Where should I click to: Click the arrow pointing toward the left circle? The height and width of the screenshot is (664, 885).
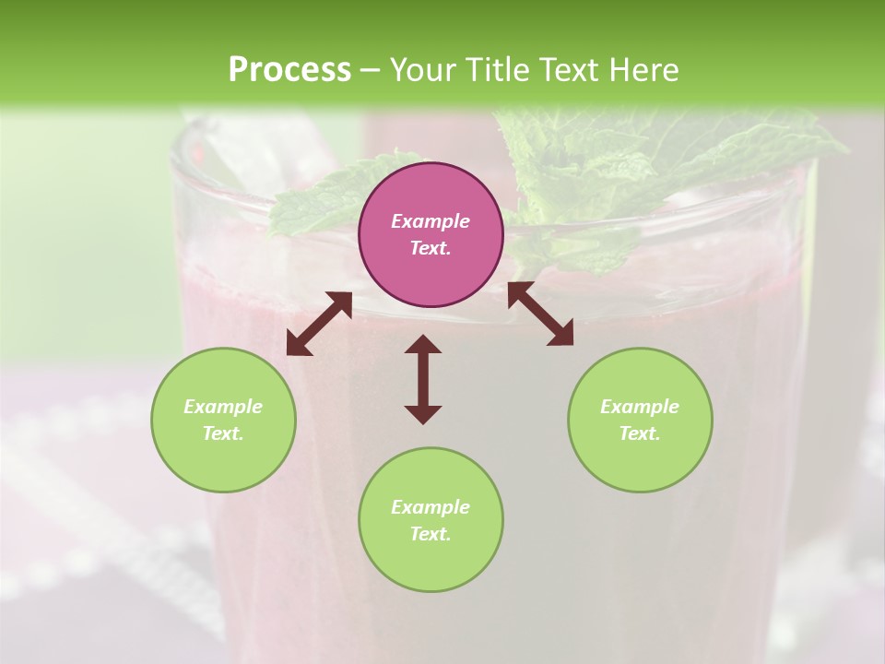319,324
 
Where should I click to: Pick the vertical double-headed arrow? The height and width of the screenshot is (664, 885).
423,379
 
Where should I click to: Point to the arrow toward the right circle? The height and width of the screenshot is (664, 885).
541,314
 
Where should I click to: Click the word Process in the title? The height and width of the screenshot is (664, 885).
289,69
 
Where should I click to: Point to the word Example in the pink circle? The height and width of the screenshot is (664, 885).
431,221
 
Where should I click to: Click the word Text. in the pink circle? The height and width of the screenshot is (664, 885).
431,248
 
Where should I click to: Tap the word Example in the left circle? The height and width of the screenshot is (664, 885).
223,407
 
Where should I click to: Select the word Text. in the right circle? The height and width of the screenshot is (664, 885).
640,433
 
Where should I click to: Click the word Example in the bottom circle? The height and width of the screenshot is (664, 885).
431,507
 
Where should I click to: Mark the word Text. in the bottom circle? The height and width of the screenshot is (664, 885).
431,534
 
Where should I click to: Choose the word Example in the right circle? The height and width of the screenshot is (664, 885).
640,407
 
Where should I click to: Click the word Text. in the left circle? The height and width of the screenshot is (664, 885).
223,433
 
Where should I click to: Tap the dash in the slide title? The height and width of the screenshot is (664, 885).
371,71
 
